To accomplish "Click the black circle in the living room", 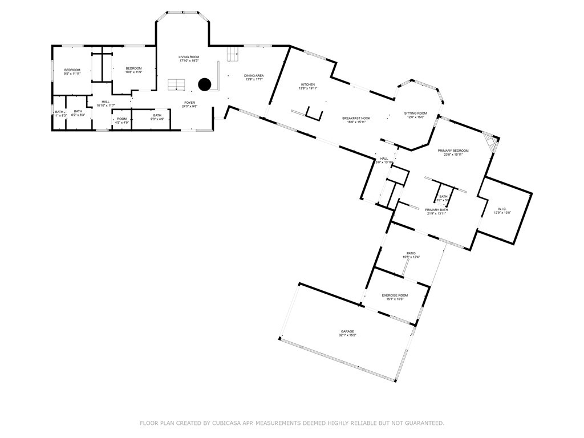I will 205,84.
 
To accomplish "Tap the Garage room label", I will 347,331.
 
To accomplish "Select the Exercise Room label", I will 395,295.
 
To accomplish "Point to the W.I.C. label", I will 502,209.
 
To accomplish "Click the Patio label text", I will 411,253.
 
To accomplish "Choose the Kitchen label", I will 308,84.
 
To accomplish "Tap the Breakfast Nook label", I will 356,118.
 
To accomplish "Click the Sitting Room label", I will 415,113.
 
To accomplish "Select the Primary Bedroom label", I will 449,151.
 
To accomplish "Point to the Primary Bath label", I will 436,210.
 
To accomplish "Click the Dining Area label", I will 254,75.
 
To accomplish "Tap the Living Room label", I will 189,57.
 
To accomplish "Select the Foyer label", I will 190,103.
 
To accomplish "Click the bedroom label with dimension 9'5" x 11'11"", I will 72,70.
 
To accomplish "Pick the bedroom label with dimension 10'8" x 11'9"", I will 133,68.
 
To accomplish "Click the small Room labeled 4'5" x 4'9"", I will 122,119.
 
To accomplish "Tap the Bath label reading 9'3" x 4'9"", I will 157,116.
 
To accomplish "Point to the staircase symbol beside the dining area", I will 232,55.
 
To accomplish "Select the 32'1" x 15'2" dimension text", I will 347,335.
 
